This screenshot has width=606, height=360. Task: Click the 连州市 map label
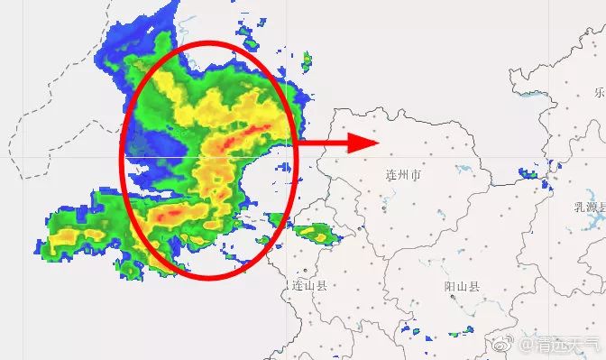pos(403,175)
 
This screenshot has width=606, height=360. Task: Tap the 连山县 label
pos(308,285)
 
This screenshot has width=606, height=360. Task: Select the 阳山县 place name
pos(462,287)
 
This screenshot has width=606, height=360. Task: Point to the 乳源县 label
pos(590,207)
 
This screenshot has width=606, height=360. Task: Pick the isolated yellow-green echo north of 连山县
pos(316,235)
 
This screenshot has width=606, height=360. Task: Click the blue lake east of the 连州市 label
pos(465,170)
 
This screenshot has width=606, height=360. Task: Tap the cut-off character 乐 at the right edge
pos(600,92)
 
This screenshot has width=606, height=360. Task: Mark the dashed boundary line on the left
pos(20,135)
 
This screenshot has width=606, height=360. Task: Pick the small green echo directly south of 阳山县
pos(466,333)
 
